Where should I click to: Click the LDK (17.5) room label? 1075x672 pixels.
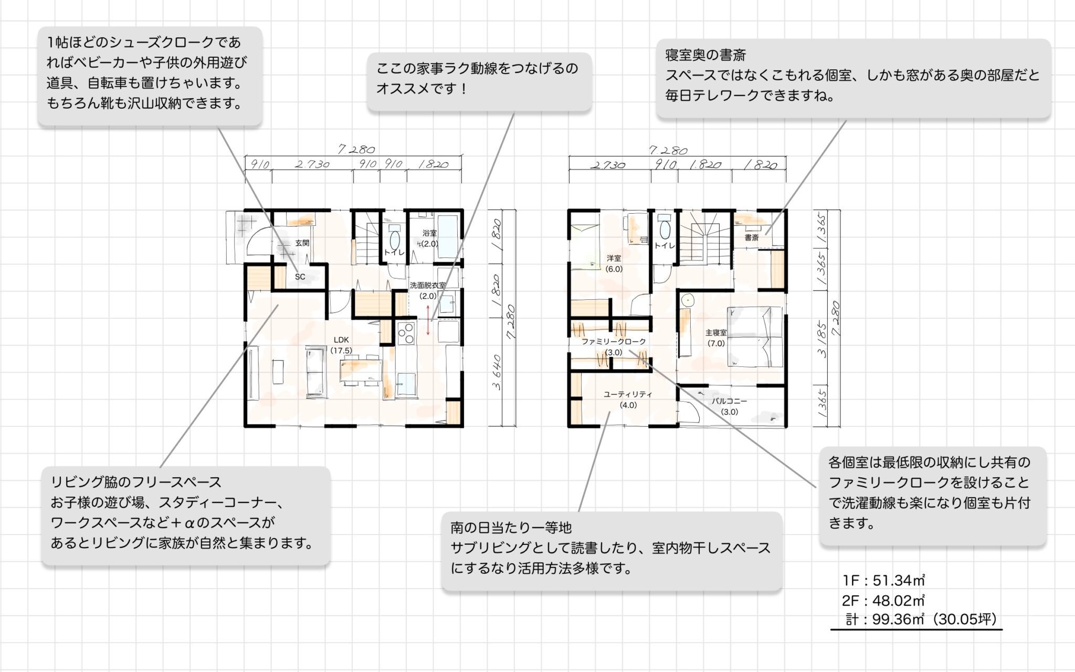pyautogui.click(x=341, y=345)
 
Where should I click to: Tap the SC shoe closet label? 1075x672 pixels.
pyautogui.click(x=300, y=277)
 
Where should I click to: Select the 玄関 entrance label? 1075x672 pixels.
pyautogui.click(x=302, y=243)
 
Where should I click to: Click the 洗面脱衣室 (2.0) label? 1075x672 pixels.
pyautogui.click(x=428, y=290)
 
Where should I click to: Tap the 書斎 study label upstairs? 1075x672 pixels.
pyautogui.click(x=752, y=238)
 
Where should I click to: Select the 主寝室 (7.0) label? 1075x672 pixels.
pyautogui.click(x=716, y=338)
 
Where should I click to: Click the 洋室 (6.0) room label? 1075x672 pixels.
pyautogui.click(x=614, y=263)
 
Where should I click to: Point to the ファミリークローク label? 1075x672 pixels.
pyautogui.click(x=614, y=342)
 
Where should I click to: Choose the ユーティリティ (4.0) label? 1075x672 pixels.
pyautogui.click(x=628, y=400)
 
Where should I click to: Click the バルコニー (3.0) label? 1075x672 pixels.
pyautogui.click(x=729, y=406)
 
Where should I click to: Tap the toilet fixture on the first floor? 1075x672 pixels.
pyautogui.click(x=394, y=240)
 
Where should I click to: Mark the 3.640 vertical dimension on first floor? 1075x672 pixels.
pyautogui.click(x=497, y=372)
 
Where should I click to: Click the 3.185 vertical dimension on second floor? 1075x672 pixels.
pyautogui.click(x=822, y=340)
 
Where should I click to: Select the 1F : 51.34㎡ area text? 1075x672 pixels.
pyautogui.click(x=883, y=580)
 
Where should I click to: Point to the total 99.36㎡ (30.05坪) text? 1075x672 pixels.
pyautogui.click(x=921, y=619)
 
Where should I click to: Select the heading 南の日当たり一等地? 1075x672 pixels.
pyautogui.click(x=511, y=527)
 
